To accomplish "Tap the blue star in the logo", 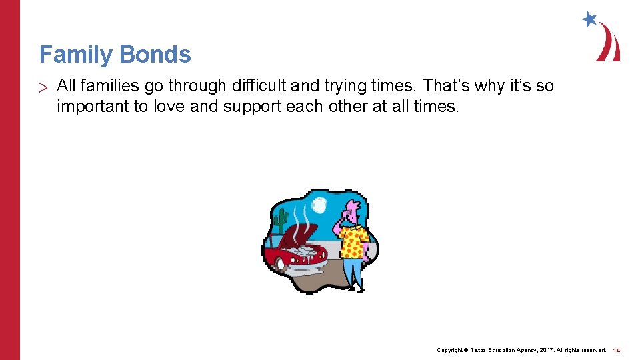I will tap(589, 19).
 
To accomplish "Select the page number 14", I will tap(617, 350).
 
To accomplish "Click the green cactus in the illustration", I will tap(281, 220).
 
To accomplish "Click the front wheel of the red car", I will tap(281, 263).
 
